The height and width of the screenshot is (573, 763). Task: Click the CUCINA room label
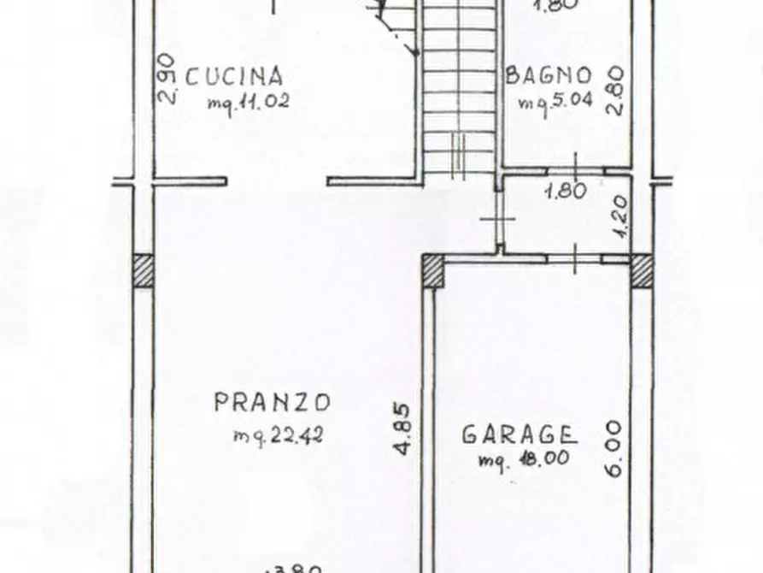[234, 77]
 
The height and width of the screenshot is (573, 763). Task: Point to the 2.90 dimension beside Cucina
[167, 79]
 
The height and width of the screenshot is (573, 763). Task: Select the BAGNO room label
[549, 75]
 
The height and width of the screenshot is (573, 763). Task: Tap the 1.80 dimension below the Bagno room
[566, 191]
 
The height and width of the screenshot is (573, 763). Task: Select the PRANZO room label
[272, 401]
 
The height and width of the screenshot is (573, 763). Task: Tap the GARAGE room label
[519, 434]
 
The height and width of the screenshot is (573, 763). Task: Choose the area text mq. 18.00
[524, 459]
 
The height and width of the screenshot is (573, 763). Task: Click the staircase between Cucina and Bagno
[459, 94]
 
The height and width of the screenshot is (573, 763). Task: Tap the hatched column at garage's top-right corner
[641, 272]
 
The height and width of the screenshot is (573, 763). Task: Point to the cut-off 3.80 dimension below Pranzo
[295, 567]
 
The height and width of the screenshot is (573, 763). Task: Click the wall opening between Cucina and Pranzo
[277, 181]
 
